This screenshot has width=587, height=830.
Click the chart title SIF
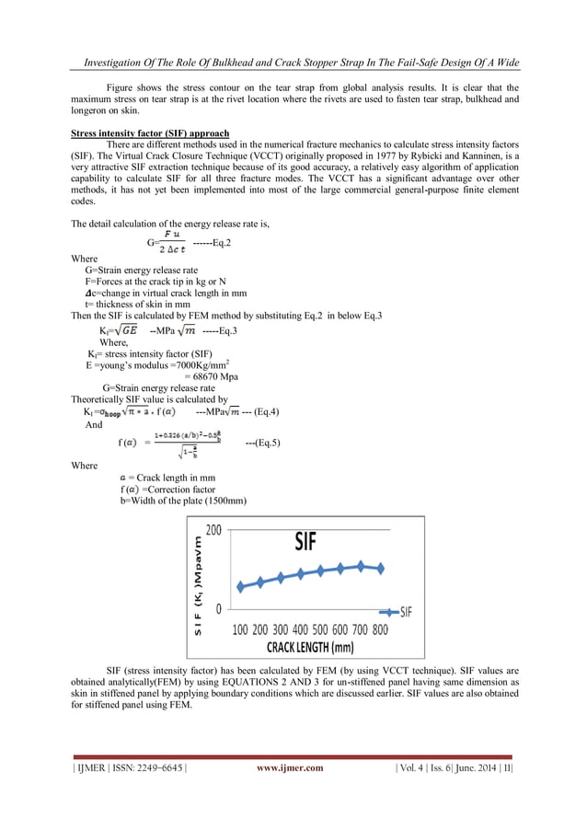(x=305, y=541)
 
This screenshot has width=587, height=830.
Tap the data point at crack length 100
(x=240, y=586)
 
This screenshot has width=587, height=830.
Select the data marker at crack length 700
(x=361, y=566)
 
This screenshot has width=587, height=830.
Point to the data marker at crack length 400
(x=301, y=574)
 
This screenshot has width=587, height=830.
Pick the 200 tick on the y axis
(x=213, y=531)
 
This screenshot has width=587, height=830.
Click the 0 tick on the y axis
(x=218, y=608)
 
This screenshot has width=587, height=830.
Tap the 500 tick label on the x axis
(x=320, y=629)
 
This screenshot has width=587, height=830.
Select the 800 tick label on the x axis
(x=380, y=629)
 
